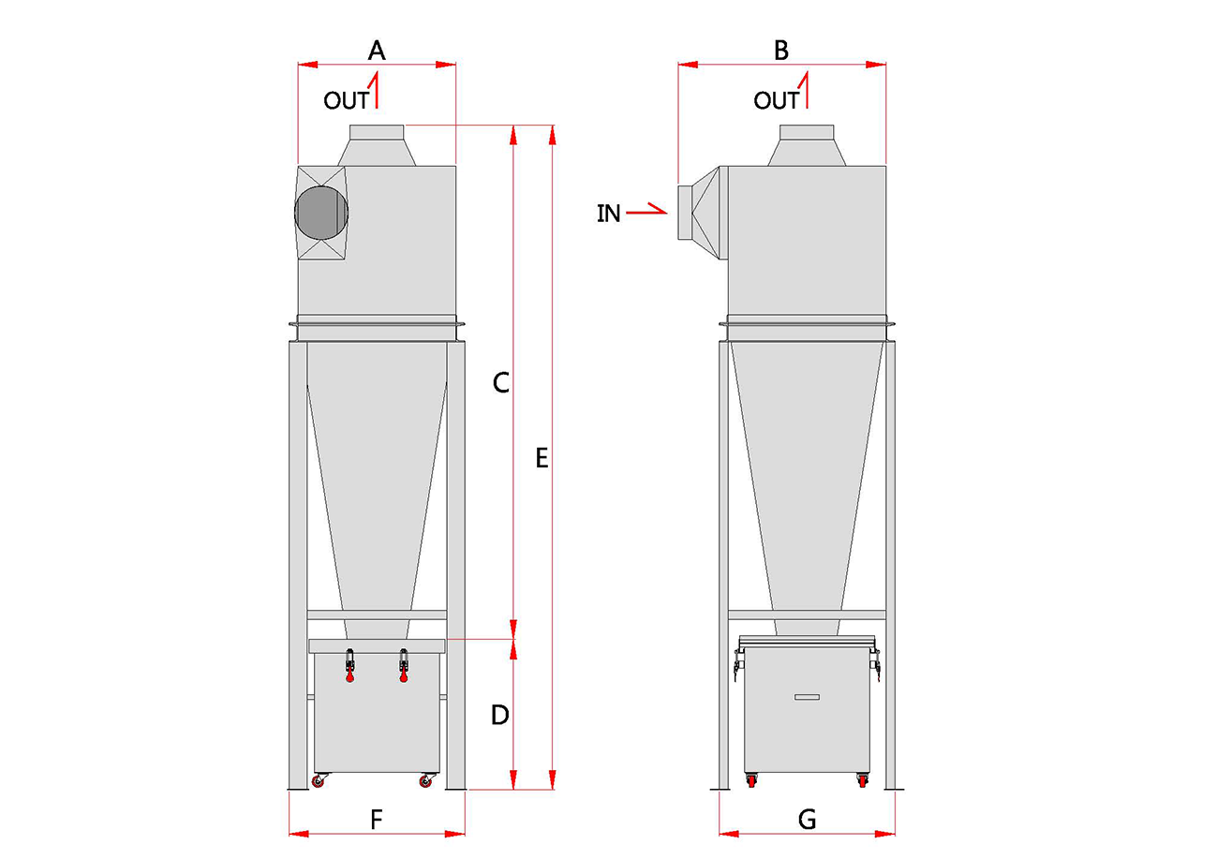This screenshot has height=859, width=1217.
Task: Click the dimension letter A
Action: tap(377, 51)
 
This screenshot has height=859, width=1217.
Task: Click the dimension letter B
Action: tap(780, 51)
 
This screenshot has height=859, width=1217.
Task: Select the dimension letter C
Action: tap(501, 382)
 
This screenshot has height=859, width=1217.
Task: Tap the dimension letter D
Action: tap(500, 715)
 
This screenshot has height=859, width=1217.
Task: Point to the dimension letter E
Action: tap(542, 458)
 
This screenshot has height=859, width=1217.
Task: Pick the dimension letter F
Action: tap(376, 820)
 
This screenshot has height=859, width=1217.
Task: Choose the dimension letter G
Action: tap(807, 820)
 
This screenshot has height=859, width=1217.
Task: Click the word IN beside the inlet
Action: tap(609, 214)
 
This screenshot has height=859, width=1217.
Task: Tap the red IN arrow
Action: tap(646, 210)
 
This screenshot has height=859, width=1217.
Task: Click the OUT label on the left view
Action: tap(346, 100)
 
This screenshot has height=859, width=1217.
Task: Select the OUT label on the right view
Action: tap(776, 100)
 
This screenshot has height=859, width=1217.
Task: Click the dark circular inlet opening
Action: tap(321, 213)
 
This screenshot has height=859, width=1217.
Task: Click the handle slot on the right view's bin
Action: tap(807, 697)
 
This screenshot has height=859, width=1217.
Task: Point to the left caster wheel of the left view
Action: tap(319, 780)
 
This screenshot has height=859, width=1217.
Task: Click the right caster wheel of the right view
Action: tap(862, 780)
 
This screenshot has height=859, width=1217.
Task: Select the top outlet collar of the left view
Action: tap(377, 132)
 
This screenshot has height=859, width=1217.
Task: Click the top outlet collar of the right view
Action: tap(807, 132)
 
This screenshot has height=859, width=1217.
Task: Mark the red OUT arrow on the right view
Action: tap(807, 90)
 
